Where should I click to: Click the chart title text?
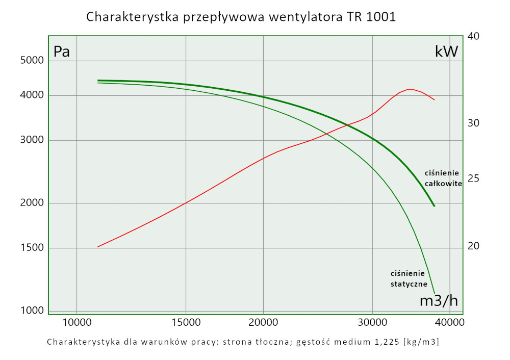pos(241,17)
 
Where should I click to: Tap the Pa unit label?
pos(62,52)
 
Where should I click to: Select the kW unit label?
pos(446,52)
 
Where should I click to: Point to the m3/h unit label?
pos(438,301)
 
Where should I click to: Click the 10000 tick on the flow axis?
pos(76,323)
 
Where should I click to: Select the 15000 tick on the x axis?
pos(186,323)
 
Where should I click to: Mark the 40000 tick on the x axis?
pos(449,323)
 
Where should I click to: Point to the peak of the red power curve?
pos(411,90)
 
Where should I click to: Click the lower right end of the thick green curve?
pos(434,206)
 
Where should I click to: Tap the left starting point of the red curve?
pos(98,247)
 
